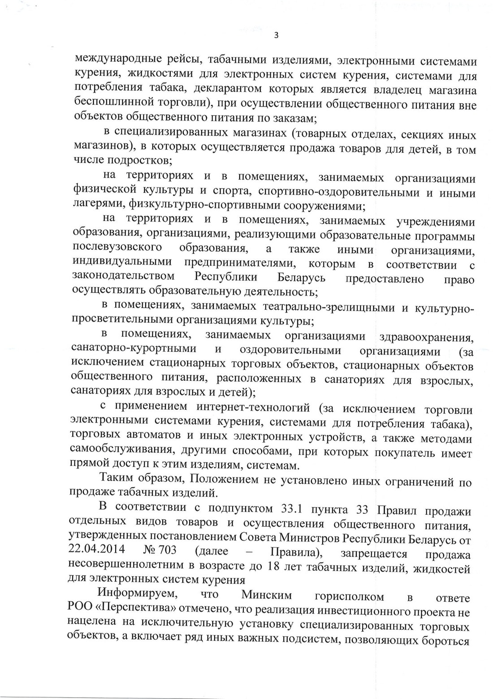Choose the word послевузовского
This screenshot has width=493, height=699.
click(117, 248)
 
